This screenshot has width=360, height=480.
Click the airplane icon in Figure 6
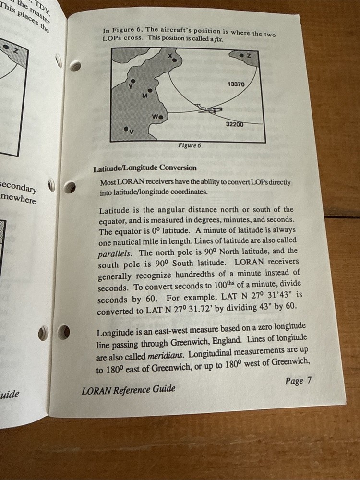point(210,109)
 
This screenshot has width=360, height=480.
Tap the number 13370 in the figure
point(236,84)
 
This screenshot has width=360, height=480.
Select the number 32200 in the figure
point(235,124)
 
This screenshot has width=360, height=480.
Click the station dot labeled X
point(175,60)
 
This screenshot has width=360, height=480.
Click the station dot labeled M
point(150,90)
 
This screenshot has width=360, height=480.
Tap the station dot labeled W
point(160,117)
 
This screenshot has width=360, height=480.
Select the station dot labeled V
point(126,129)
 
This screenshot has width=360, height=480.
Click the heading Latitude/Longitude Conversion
point(144,168)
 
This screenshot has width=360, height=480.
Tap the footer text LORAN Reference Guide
point(128,389)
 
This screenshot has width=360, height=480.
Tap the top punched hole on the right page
point(75,66)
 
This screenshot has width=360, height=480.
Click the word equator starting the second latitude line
point(112,220)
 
